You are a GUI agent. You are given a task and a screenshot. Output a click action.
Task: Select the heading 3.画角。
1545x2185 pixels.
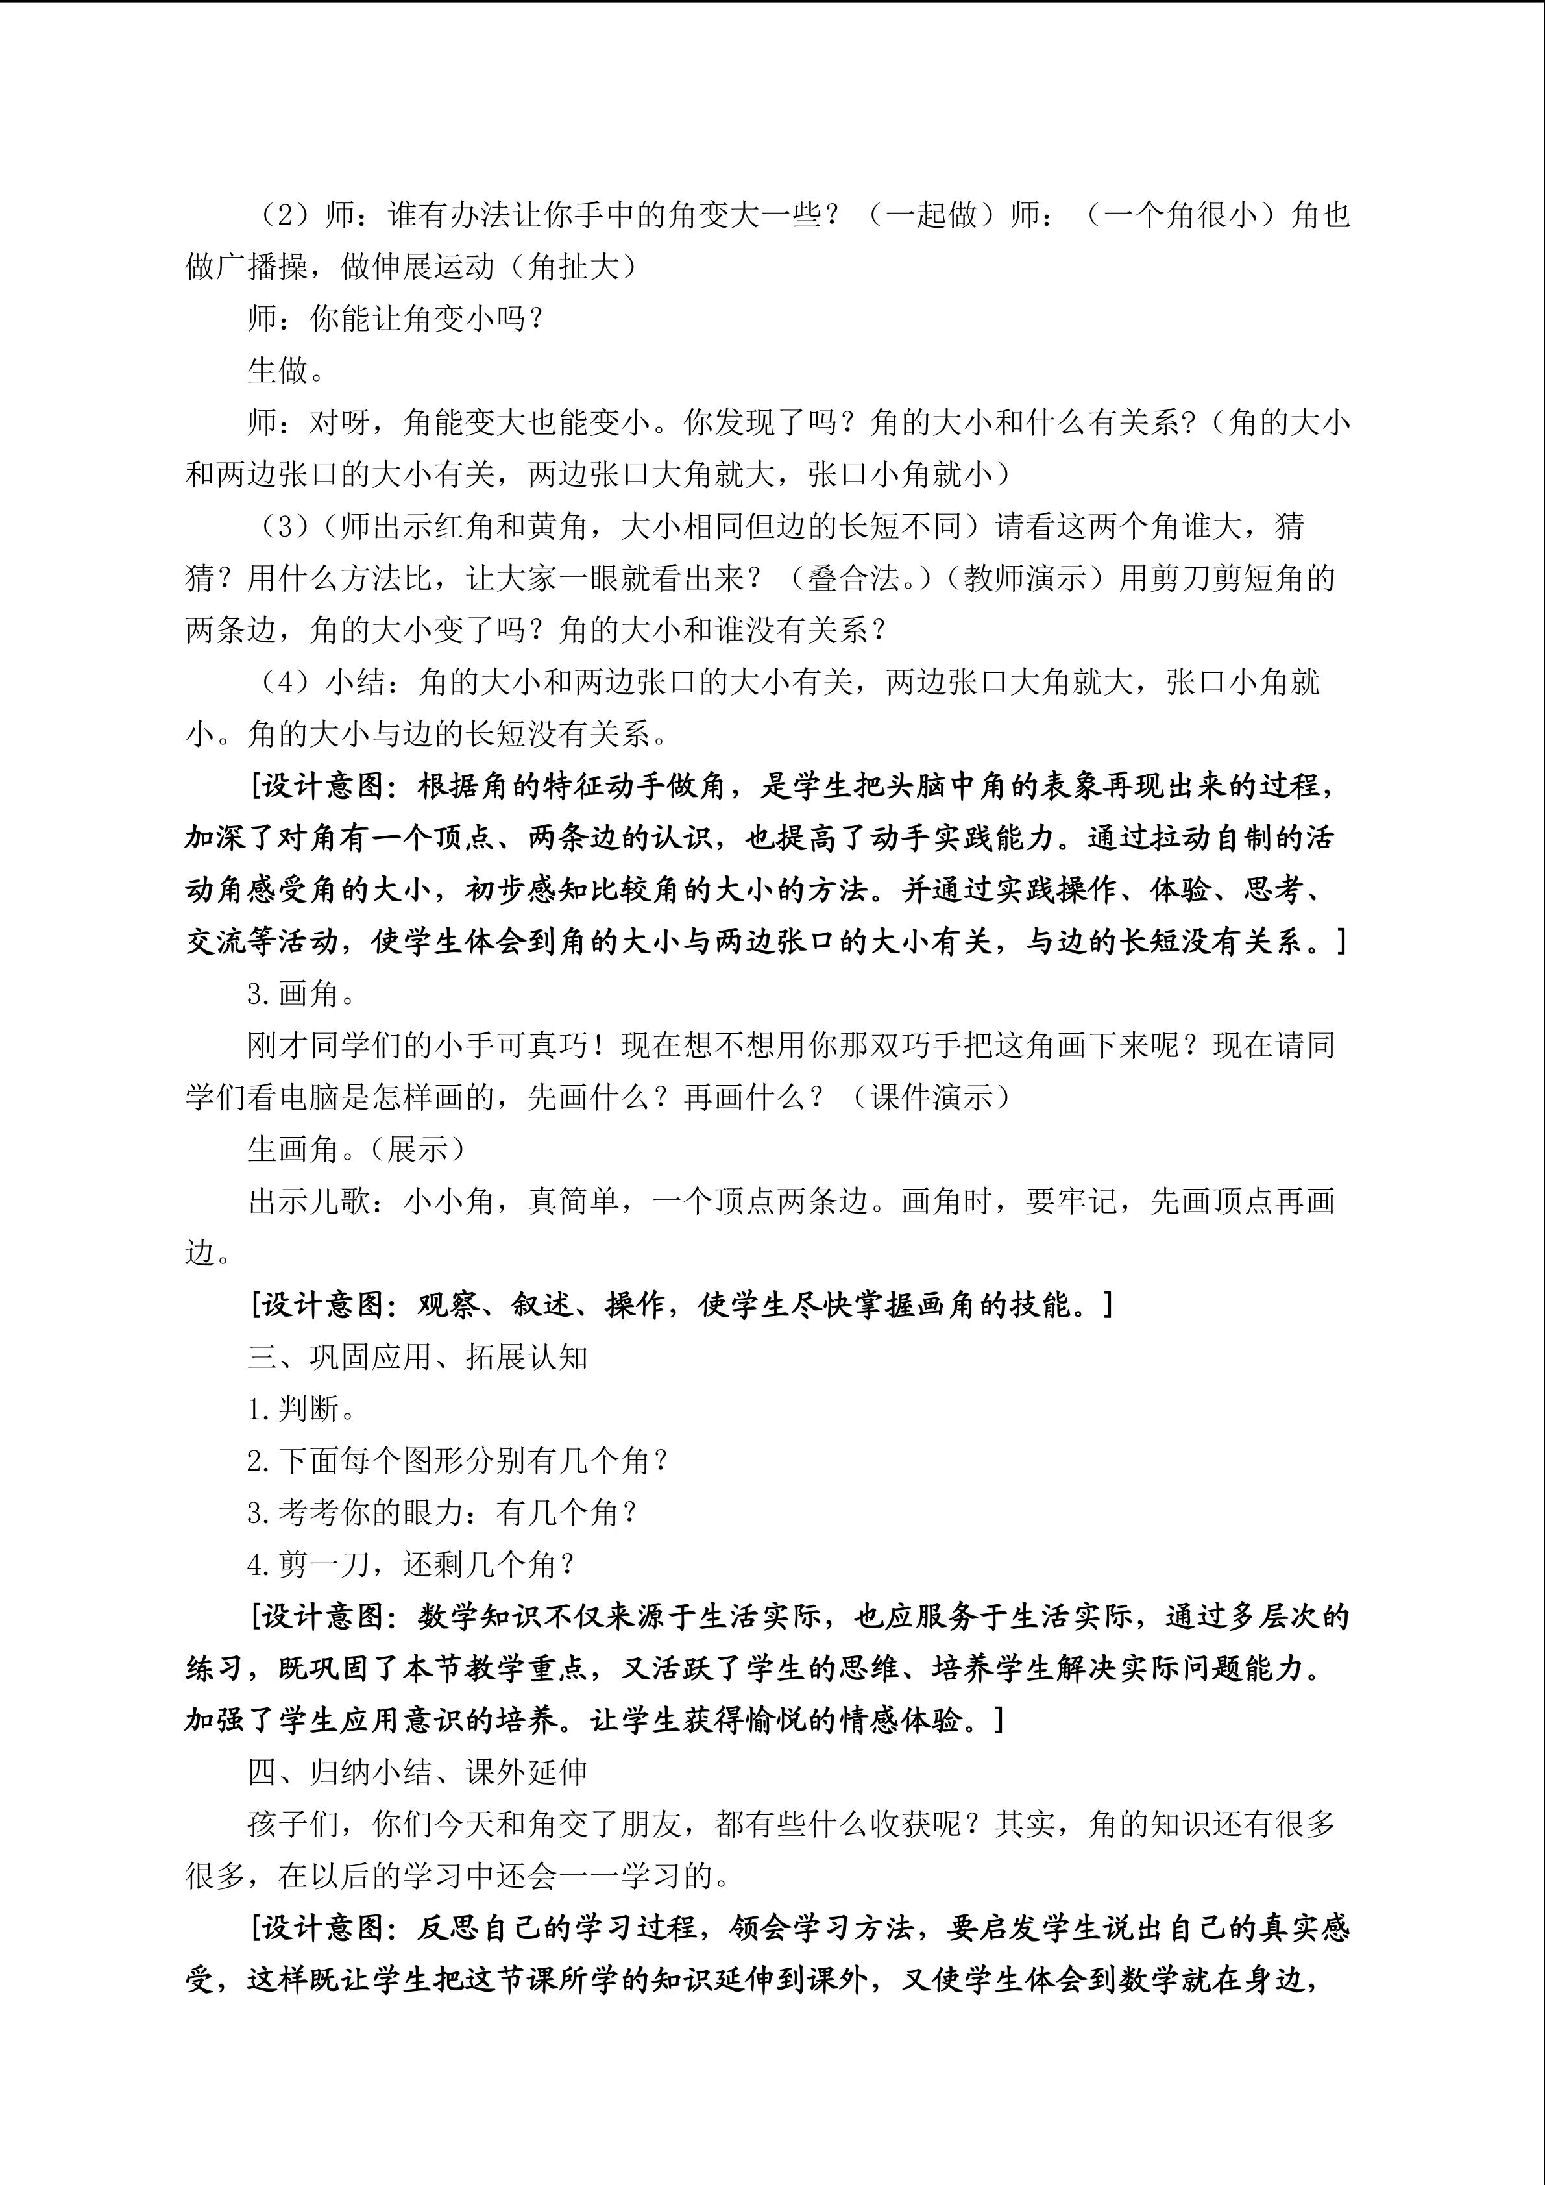[302, 994]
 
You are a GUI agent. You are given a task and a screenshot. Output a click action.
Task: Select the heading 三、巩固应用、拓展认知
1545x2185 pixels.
[418, 1356]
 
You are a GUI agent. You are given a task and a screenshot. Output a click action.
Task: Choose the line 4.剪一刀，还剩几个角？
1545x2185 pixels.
[411, 1565]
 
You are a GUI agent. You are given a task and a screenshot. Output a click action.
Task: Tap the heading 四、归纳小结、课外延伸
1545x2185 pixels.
[418, 1772]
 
